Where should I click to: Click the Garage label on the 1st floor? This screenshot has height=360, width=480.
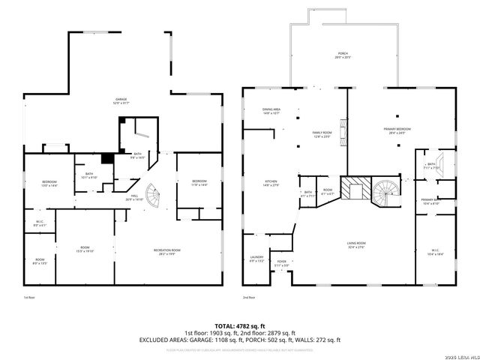coord(121,100)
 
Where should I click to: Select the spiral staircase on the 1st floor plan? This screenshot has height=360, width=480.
coord(153,196)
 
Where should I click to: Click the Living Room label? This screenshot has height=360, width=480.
coord(355,244)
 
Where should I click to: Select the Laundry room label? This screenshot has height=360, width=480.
coord(256,259)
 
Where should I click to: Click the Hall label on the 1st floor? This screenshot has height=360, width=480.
coord(134,177)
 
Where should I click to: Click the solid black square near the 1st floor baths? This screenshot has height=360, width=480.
coord(108,158)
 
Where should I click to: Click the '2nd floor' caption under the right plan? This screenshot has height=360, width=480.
coord(250,298)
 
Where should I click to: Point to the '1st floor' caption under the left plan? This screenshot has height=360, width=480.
coord(30,298)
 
